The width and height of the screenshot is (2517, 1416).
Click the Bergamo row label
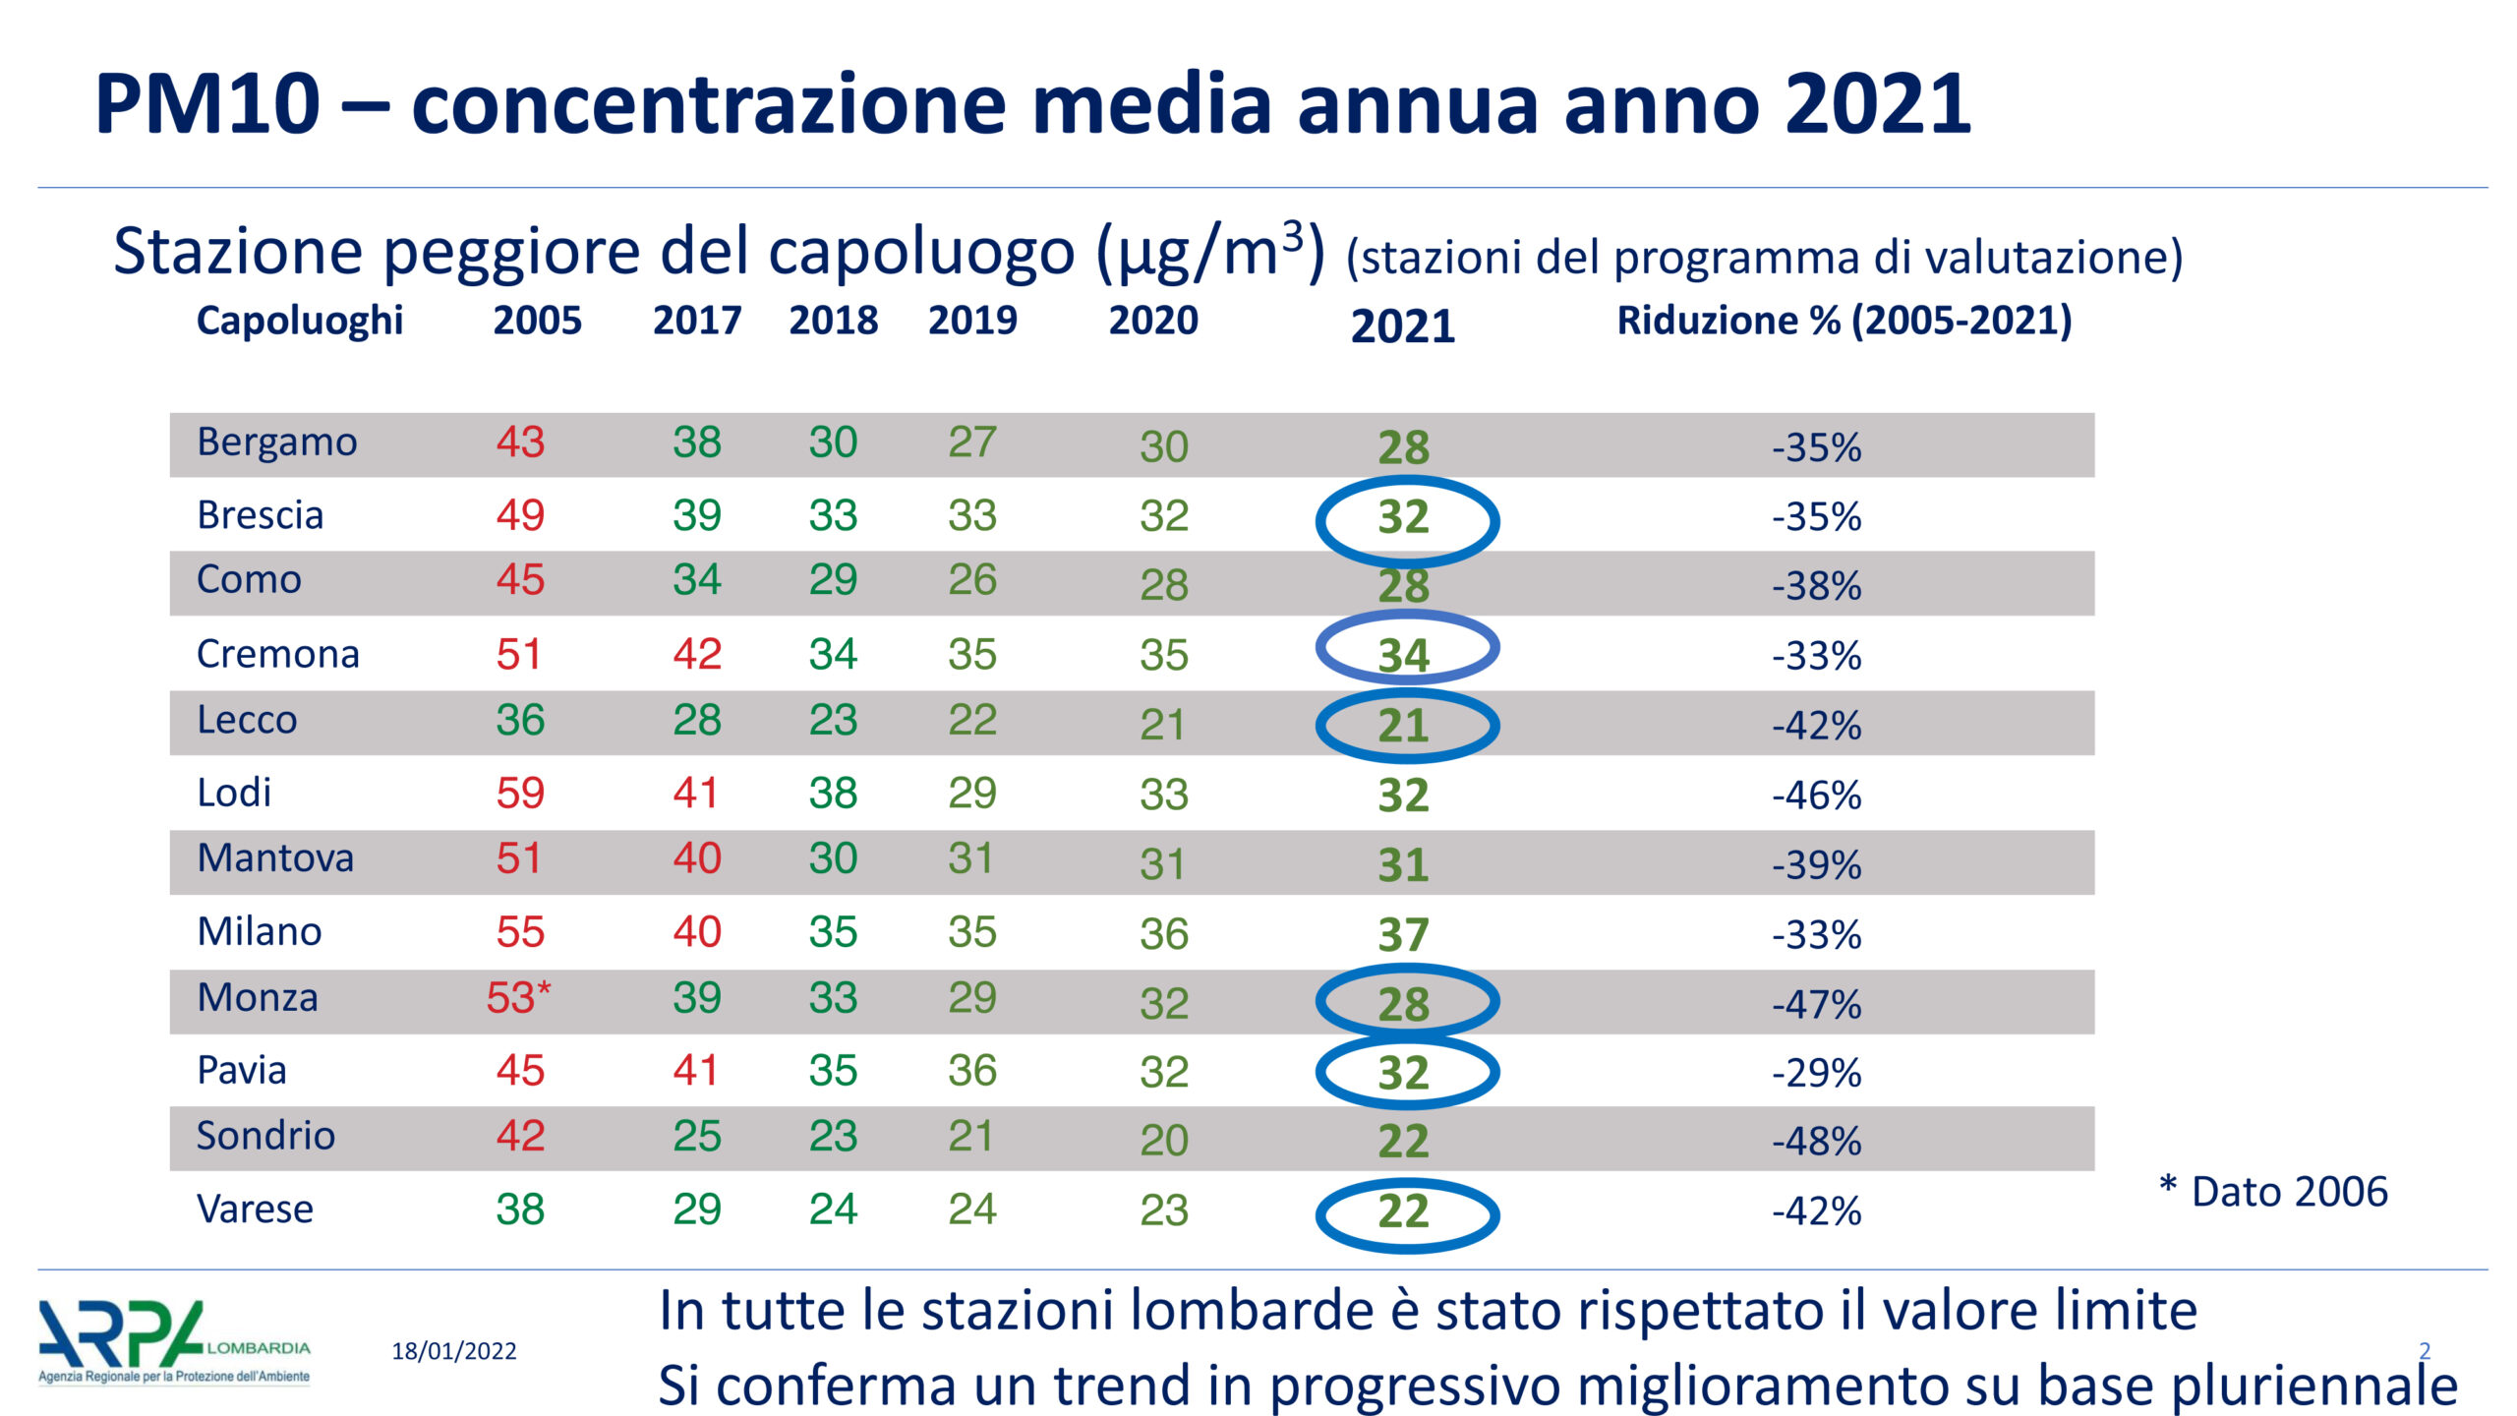[x=276, y=442]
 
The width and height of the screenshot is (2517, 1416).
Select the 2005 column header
[x=537, y=321]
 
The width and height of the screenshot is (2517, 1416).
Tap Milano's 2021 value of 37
[x=1403, y=934]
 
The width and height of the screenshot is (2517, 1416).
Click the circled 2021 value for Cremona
[x=1404, y=655]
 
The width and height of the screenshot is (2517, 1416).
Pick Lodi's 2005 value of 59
[x=520, y=793]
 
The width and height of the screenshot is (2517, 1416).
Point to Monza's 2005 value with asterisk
[x=518, y=998]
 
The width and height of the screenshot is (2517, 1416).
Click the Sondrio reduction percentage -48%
[x=1816, y=1142]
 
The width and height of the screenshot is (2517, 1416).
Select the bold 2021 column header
[x=1402, y=326]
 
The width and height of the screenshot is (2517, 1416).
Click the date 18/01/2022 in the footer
[x=454, y=1351]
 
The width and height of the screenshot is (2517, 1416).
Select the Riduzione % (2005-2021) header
[x=1844, y=321]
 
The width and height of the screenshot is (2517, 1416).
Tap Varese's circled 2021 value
[x=1404, y=1211]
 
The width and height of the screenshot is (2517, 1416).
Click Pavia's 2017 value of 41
[x=696, y=1071]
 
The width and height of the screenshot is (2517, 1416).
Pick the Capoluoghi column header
[x=300, y=321]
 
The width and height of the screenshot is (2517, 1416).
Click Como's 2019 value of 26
[x=971, y=580]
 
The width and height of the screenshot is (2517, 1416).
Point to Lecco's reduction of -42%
[x=1816, y=726]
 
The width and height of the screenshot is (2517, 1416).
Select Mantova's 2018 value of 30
[x=833, y=858]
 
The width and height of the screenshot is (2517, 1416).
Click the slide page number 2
[x=2424, y=1350]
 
